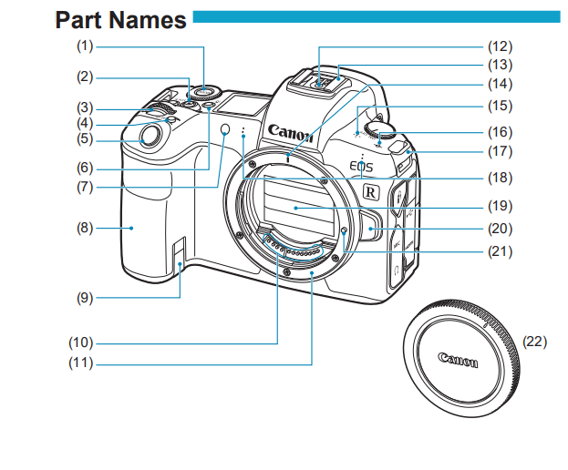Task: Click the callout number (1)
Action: coord(85,46)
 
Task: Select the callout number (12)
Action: coord(500,46)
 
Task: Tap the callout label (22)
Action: coord(534,342)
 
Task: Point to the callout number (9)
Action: coord(85,298)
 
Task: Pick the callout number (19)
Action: coord(500,206)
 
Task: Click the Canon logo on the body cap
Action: coord(458,360)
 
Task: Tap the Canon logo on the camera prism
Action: coord(291,133)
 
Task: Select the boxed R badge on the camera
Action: coord(371,191)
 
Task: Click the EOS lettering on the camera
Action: coord(361,167)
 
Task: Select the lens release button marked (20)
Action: coord(370,227)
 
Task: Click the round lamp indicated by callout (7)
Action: coord(225,129)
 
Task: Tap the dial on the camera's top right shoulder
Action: coord(379,130)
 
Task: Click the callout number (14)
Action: coord(500,85)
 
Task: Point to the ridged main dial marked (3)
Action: coord(158,110)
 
